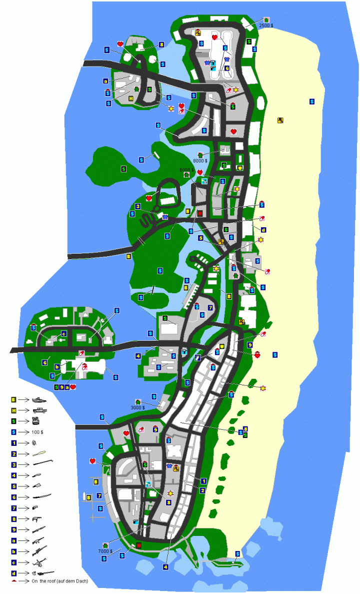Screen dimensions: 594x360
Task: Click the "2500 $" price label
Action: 266,25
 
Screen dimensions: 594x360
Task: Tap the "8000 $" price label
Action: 200,161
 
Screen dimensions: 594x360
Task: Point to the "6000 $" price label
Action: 186,170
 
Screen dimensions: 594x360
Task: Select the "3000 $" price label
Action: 137,407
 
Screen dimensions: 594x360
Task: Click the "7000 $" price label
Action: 104,550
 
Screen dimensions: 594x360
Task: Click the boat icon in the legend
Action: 38,400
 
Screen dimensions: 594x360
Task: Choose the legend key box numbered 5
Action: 13,486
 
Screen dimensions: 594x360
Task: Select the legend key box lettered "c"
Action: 13,561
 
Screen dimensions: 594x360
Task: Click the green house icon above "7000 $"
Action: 105,545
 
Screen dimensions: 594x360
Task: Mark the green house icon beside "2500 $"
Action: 266,20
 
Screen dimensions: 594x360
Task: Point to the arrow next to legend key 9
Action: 23,529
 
